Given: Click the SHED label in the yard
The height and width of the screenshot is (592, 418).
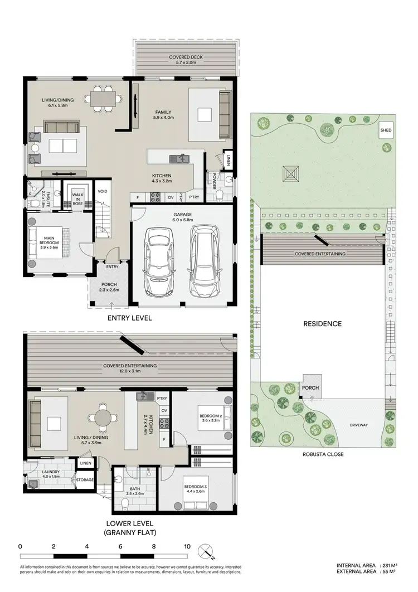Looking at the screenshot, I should (386, 130).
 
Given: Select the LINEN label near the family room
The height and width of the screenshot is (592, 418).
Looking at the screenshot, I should (227, 163).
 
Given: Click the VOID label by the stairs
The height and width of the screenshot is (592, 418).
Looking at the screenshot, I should (102, 191).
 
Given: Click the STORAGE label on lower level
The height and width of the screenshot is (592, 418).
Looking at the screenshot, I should (85, 479).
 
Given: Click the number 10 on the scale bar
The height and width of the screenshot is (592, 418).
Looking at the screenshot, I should (187, 547).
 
